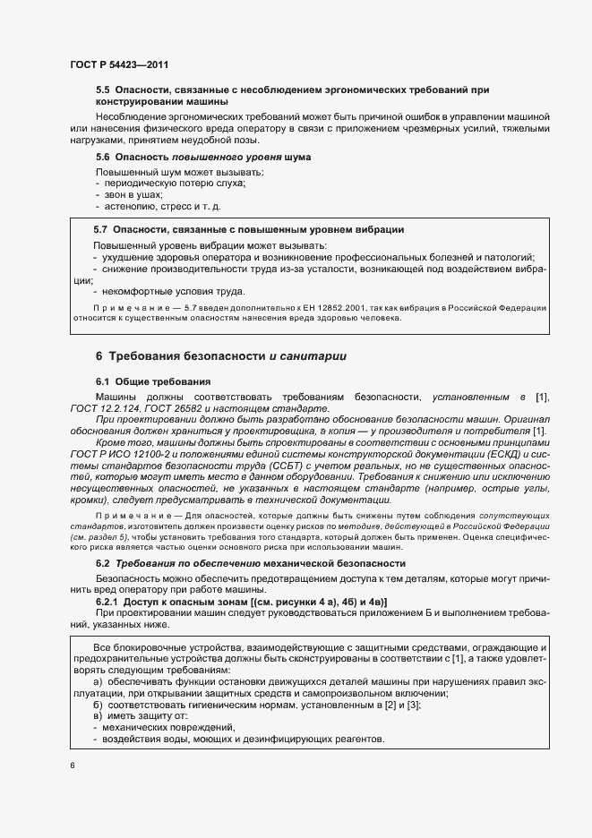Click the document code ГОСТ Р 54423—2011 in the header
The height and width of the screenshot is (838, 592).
pos(118,65)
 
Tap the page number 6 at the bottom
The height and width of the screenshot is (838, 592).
pos(73,765)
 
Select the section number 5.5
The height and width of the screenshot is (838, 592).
pos(102,90)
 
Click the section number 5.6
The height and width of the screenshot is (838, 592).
pos(102,158)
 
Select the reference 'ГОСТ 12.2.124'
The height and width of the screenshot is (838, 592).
pos(102,409)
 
